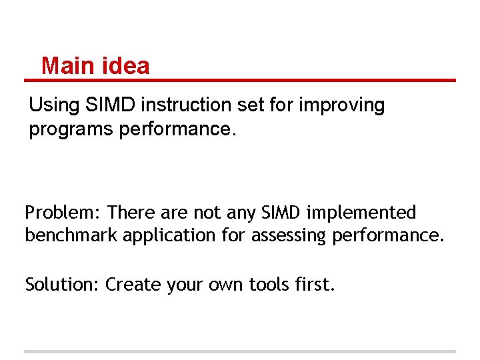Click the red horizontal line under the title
(x=240, y=81)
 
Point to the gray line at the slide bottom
(x=240, y=351)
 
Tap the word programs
(x=71, y=129)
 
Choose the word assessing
(x=291, y=235)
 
